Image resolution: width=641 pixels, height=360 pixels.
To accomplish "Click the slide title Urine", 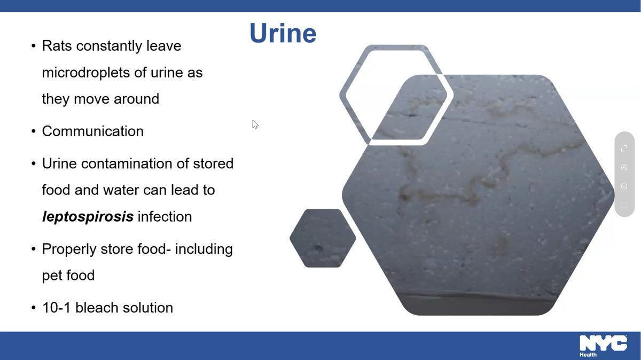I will [283, 33].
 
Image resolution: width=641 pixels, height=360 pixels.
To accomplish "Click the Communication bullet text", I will [92, 131].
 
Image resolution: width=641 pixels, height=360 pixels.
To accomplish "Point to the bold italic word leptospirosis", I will [88, 217].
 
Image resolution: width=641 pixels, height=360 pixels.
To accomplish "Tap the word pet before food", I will [53, 276].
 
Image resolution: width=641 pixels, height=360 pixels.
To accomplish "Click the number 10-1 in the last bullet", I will [57, 308].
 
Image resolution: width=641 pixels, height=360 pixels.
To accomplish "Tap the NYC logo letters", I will [603, 343].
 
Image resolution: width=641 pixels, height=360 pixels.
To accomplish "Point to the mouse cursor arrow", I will [255, 124].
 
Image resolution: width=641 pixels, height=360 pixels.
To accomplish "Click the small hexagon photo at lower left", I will [322, 238].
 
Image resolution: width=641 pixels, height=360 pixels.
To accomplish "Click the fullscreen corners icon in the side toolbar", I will [624, 148].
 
